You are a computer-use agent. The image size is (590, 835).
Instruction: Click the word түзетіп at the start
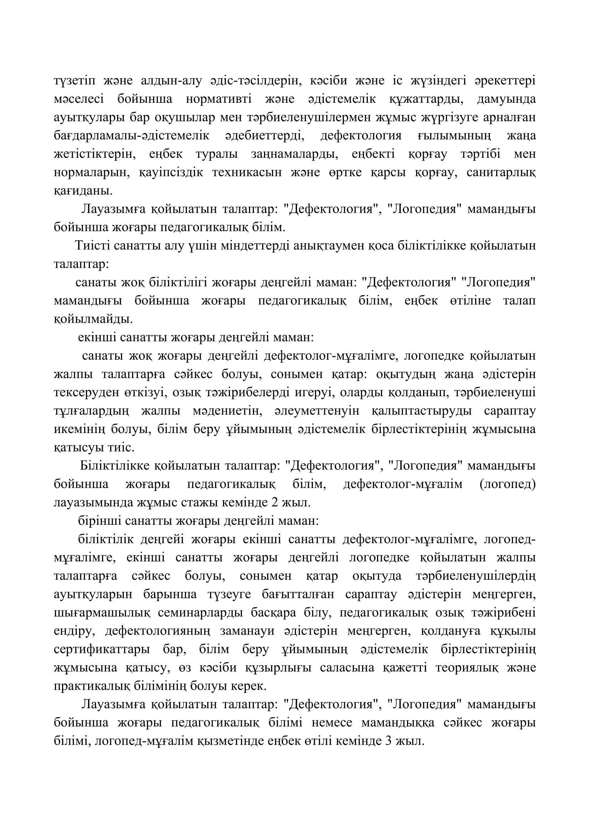[75, 80]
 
